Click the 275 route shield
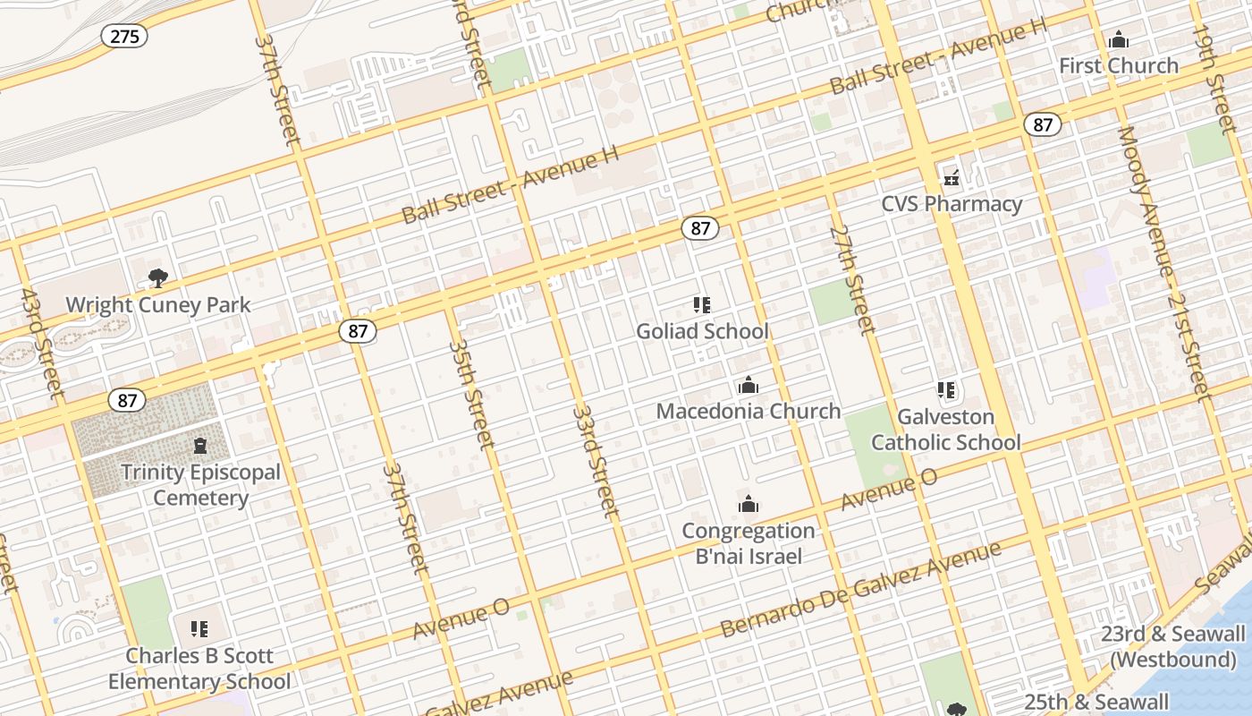[x=123, y=36]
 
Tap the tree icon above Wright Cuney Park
[x=158, y=278]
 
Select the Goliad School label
[x=702, y=331]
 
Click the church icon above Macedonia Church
[x=749, y=386]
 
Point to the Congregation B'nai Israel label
[x=749, y=543]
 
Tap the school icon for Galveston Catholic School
[x=946, y=390]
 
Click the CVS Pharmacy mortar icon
[x=952, y=178]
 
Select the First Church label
[x=1119, y=65]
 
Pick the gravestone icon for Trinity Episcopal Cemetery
[x=200, y=446]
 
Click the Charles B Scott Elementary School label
[x=199, y=669]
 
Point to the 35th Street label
[x=470, y=394]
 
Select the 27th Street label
[x=851, y=278]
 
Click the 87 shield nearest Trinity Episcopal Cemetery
[x=127, y=399]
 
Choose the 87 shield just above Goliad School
[x=700, y=228]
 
